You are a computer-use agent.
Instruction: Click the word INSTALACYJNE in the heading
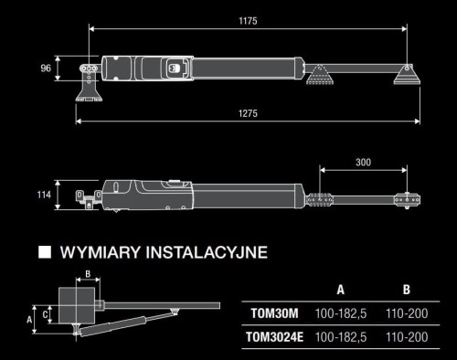tap(207, 252)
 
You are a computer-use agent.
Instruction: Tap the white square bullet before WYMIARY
tap(42, 252)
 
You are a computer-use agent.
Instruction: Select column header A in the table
tap(340, 290)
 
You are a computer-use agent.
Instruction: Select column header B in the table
tap(406, 290)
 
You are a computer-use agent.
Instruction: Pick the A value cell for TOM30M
tap(340, 313)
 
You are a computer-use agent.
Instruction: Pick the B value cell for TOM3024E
tap(406, 337)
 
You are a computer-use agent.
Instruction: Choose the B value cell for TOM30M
tap(406, 313)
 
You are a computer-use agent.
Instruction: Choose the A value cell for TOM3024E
tap(340, 337)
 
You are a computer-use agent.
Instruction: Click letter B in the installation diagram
tap(87, 273)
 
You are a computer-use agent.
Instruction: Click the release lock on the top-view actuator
tap(176, 66)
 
